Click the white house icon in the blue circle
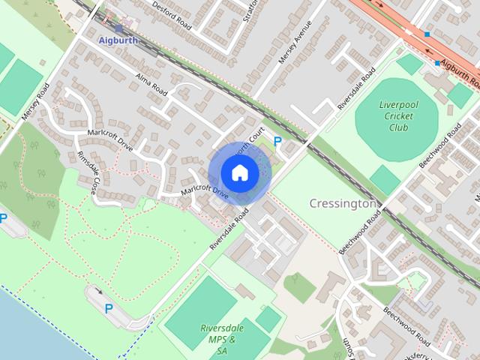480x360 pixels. pos(239,173)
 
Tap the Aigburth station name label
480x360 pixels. pos(118,40)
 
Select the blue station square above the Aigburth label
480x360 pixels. pos(118,28)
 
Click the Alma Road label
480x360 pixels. pos(149,83)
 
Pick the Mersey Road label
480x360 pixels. pos(36,100)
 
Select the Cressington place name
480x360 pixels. pos(342,203)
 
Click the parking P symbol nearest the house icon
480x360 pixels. pos(277,141)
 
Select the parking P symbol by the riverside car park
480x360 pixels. pos(109,307)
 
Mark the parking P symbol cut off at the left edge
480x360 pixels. pos(3,219)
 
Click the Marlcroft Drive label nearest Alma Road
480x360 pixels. pos(110,139)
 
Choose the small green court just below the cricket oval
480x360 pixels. pos(385,180)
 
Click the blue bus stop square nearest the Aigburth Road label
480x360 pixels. pos(438,63)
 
